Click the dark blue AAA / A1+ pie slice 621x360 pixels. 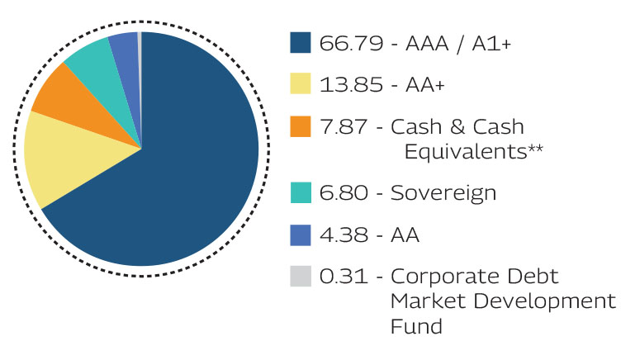pyautogui.click(x=182, y=182)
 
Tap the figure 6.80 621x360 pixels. pyautogui.click(x=342, y=193)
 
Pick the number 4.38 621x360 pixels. pyautogui.click(x=342, y=235)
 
